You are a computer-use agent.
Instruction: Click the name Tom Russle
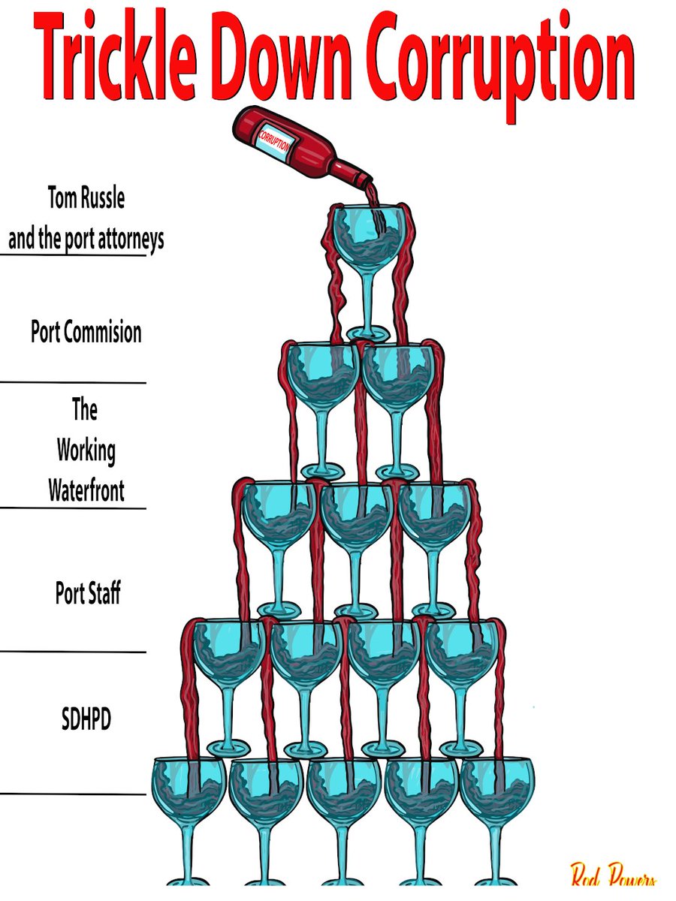[86, 197]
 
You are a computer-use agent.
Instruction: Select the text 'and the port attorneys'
[86, 240]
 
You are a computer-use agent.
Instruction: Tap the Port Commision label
[86, 332]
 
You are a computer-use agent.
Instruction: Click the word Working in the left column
[86, 451]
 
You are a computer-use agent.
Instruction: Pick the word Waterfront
[86, 490]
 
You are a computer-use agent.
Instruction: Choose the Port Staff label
[88, 592]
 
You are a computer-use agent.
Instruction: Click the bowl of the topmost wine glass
[368, 238]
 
